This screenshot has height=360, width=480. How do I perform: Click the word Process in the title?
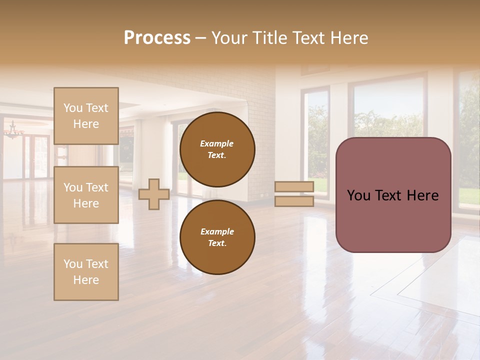point(157,38)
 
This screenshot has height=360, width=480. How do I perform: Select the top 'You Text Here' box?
point(86,116)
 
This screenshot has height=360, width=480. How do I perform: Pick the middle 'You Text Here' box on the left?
point(86,195)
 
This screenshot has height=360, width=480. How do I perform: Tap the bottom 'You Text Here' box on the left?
point(86,271)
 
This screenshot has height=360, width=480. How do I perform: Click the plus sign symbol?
point(154,194)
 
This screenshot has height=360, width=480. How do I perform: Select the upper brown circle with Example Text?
point(217,149)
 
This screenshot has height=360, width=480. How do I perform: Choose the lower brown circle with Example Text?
point(217,237)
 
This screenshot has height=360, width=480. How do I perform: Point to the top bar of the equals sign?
point(294,187)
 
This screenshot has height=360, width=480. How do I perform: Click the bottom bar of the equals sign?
point(294,201)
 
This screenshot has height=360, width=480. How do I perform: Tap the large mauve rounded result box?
point(393,220)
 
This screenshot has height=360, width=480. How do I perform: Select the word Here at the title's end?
point(349,38)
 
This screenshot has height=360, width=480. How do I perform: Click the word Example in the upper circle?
point(217,143)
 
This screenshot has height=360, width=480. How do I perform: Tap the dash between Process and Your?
point(200,38)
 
